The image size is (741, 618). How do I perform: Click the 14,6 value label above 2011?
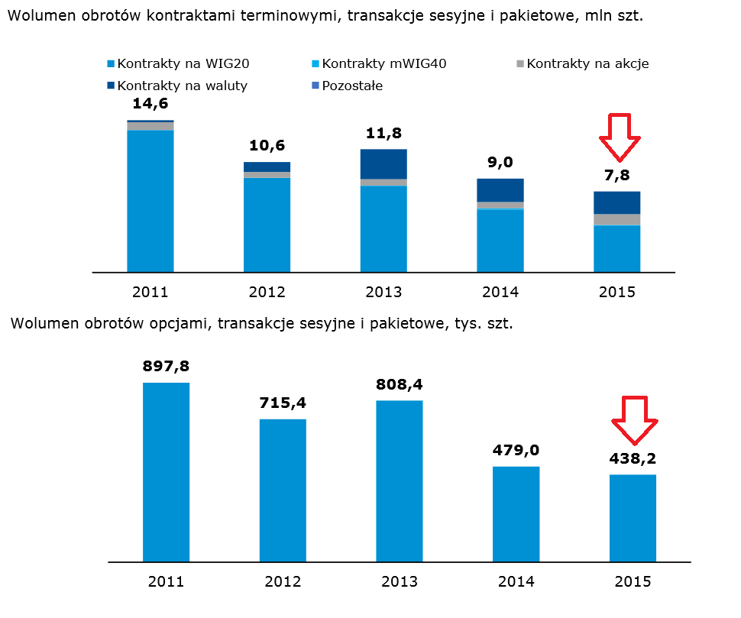[150, 105]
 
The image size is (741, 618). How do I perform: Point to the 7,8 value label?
[616, 176]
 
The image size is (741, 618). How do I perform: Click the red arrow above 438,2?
[633, 419]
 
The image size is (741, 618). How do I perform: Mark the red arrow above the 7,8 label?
[620, 136]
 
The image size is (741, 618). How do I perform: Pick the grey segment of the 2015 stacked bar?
[616, 220]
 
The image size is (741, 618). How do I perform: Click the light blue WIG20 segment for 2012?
[267, 225]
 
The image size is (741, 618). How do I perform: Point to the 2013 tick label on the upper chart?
[383, 292]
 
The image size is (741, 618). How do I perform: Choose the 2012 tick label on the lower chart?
[283, 582]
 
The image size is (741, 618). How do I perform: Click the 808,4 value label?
[399, 384]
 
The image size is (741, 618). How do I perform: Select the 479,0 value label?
[516, 451]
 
